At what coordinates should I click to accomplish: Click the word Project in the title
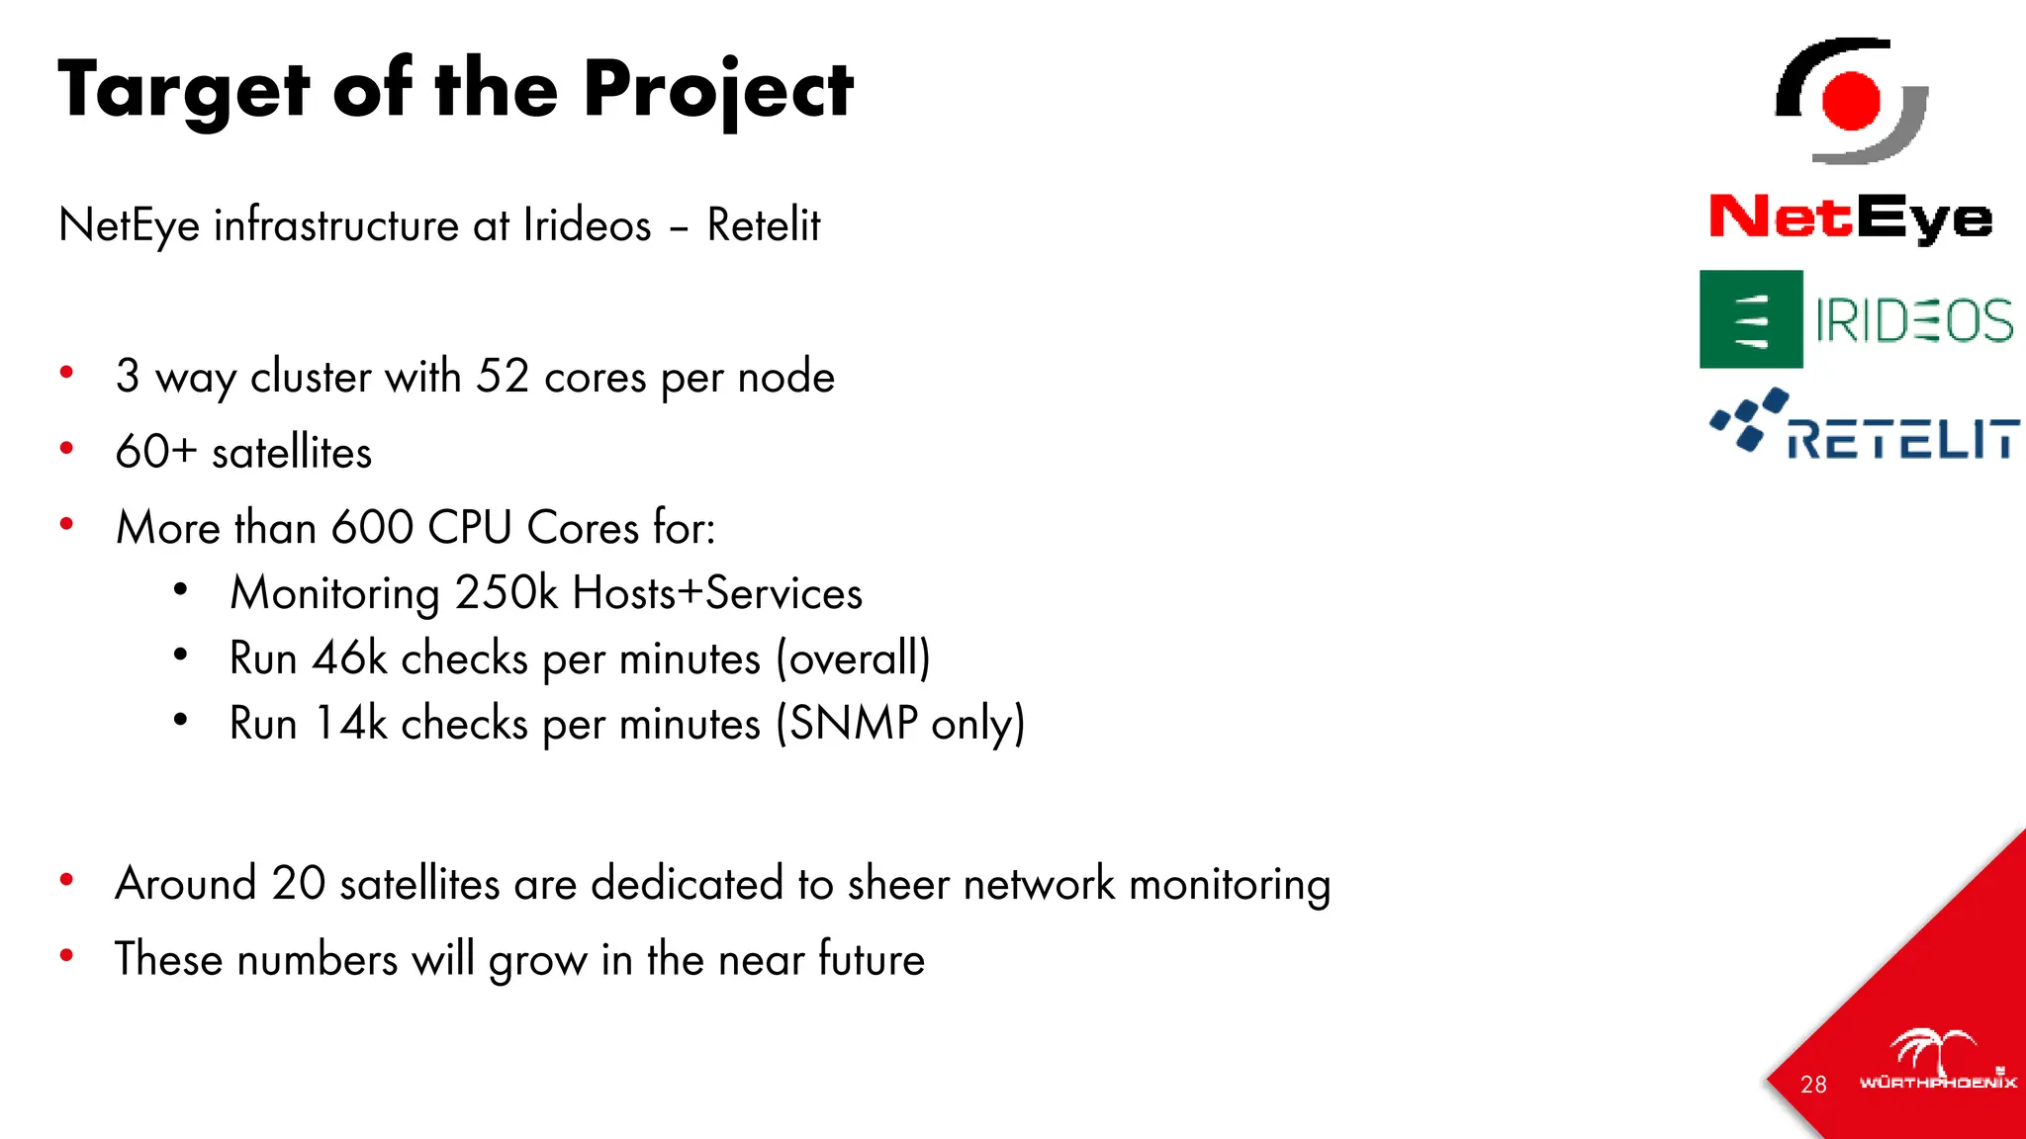tap(717, 91)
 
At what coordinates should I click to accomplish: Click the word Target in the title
tap(184, 91)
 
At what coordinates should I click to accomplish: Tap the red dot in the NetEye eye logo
tap(1851, 101)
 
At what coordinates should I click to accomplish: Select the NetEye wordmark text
tap(1851, 218)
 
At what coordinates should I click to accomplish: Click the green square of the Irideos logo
tap(1751, 319)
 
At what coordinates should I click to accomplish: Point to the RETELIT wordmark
tap(1902, 438)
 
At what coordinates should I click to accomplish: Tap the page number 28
tap(1813, 1085)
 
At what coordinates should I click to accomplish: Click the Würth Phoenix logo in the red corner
tap(1937, 1063)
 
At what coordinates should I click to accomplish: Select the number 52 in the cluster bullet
tap(503, 377)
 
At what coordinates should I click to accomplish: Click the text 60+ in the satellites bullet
tap(156, 452)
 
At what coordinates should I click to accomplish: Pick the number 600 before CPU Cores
tap(372, 527)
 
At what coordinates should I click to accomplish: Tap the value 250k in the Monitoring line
tap(506, 593)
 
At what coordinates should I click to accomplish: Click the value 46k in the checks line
tap(349, 658)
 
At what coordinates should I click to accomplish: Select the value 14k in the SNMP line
tap(350, 724)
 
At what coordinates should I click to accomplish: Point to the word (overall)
tap(853, 658)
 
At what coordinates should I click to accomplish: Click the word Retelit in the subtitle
tap(763, 225)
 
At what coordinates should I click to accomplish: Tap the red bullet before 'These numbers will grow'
tap(66, 955)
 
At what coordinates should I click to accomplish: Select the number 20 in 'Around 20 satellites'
tap(298, 883)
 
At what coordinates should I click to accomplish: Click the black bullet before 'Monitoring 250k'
tap(180, 590)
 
